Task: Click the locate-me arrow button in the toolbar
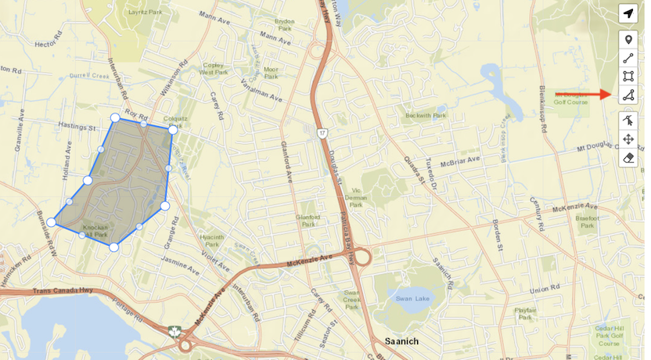point(628,13)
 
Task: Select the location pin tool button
point(628,39)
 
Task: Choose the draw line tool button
point(628,58)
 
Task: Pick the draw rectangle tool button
point(628,77)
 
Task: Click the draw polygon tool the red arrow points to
point(628,95)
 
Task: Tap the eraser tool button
point(628,158)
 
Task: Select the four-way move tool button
point(628,139)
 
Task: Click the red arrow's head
point(610,94)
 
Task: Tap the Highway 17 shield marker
point(322,134)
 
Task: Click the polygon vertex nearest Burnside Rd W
point(52,222)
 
